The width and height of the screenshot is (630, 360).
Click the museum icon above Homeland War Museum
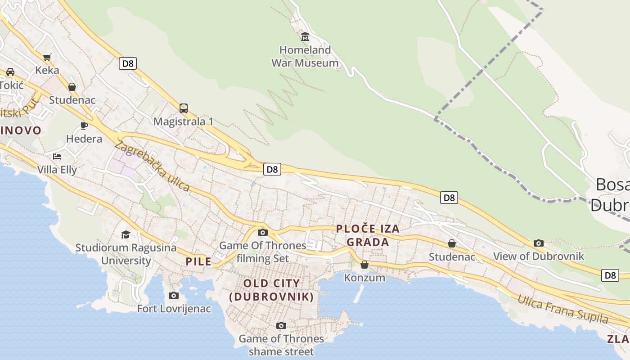click(x=305, y=36)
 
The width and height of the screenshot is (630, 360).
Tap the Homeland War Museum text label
click(x=305, y=56)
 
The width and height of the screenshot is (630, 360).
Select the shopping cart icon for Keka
click(x=47, y=57)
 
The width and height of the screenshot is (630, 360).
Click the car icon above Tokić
click(x=10, y=72)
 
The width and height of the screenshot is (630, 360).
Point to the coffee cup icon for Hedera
click(x=84, y=126)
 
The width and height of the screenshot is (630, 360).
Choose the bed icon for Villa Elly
click(x=57, y=156)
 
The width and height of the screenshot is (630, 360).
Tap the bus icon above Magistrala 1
click(x=184, y=108)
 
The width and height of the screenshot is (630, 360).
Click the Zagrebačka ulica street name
click(x=152, y=166)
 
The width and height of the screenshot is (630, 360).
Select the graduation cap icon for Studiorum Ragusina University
click(x=126, y=234)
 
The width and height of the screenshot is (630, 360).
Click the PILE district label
click(x=198, y=261)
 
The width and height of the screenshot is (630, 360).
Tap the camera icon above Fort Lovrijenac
click(x=174, y=295)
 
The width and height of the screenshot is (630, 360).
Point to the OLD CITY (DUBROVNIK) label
click(x=271, y=290)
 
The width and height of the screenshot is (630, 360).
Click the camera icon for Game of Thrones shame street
click(x=281, y=325)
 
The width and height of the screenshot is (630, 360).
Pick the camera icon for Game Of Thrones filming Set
click(x=263, y=232)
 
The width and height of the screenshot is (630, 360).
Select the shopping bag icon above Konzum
click(x=364, y=265)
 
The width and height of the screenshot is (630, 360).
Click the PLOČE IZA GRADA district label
click(x=368, y=235)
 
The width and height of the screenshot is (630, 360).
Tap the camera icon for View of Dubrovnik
click(x=539, y=243)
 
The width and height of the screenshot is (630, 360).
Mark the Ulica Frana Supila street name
click(x=562, y=309)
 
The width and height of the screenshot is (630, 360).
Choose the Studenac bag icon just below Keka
click(x=72, y=87)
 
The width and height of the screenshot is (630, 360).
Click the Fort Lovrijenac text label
click(x=174, y=309)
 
